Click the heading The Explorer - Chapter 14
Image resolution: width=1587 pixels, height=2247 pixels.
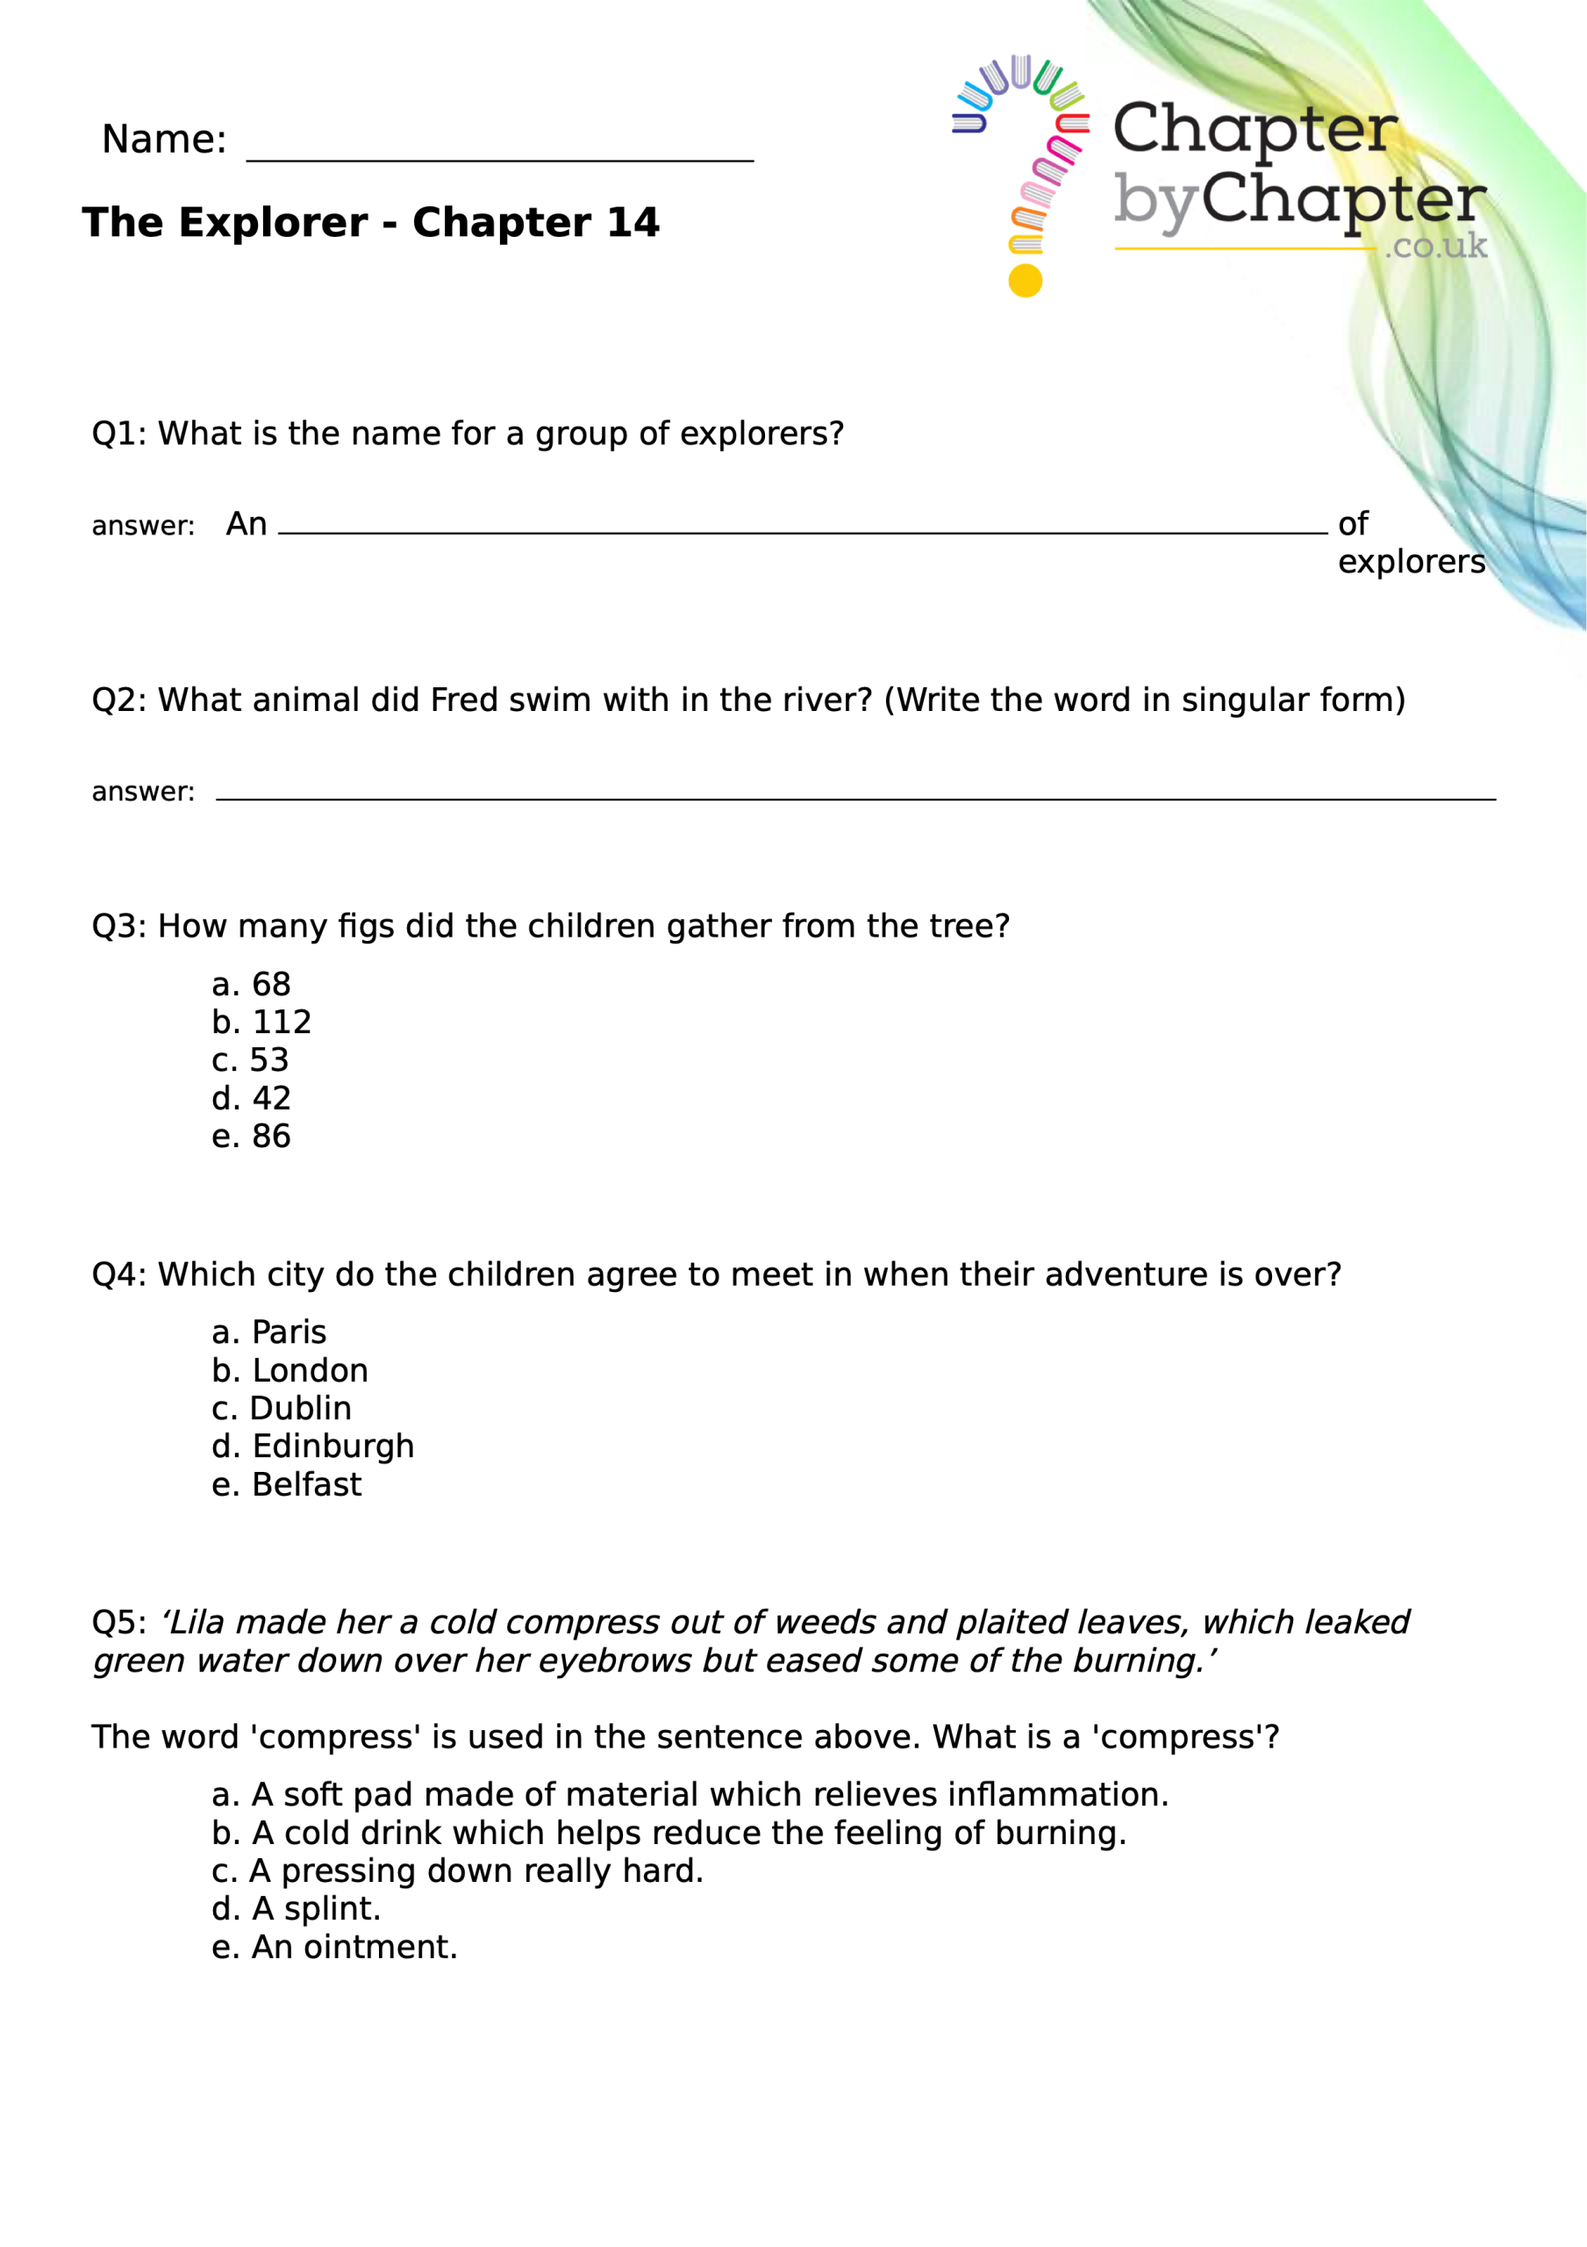click(371, 223)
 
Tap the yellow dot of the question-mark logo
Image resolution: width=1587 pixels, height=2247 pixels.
click(1025, 281)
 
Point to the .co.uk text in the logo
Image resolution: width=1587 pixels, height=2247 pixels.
click(1435, 246)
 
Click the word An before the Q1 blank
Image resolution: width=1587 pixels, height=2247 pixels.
click(247, 525)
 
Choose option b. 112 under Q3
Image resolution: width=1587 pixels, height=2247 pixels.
click(261, 1023)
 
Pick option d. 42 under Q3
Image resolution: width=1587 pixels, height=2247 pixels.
click(252, 1099)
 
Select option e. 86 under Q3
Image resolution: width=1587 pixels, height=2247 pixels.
click(252, 1136)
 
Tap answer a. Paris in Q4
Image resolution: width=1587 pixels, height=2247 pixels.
click(269, 1333)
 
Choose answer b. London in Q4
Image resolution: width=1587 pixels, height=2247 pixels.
click(290, 1371)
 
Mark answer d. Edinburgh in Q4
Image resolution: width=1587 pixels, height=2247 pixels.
click(313, 1447)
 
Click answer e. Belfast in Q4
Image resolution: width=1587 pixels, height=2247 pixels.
click(287, 1484)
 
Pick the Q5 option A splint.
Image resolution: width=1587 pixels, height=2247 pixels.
click(297, 1908)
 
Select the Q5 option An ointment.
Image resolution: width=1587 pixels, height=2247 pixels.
click(334, 1947)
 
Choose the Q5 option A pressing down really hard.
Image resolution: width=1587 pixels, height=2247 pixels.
click(457, 1870)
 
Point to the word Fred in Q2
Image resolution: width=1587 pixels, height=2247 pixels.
click(464, 700)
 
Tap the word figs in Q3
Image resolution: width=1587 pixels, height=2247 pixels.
click(367, 926)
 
